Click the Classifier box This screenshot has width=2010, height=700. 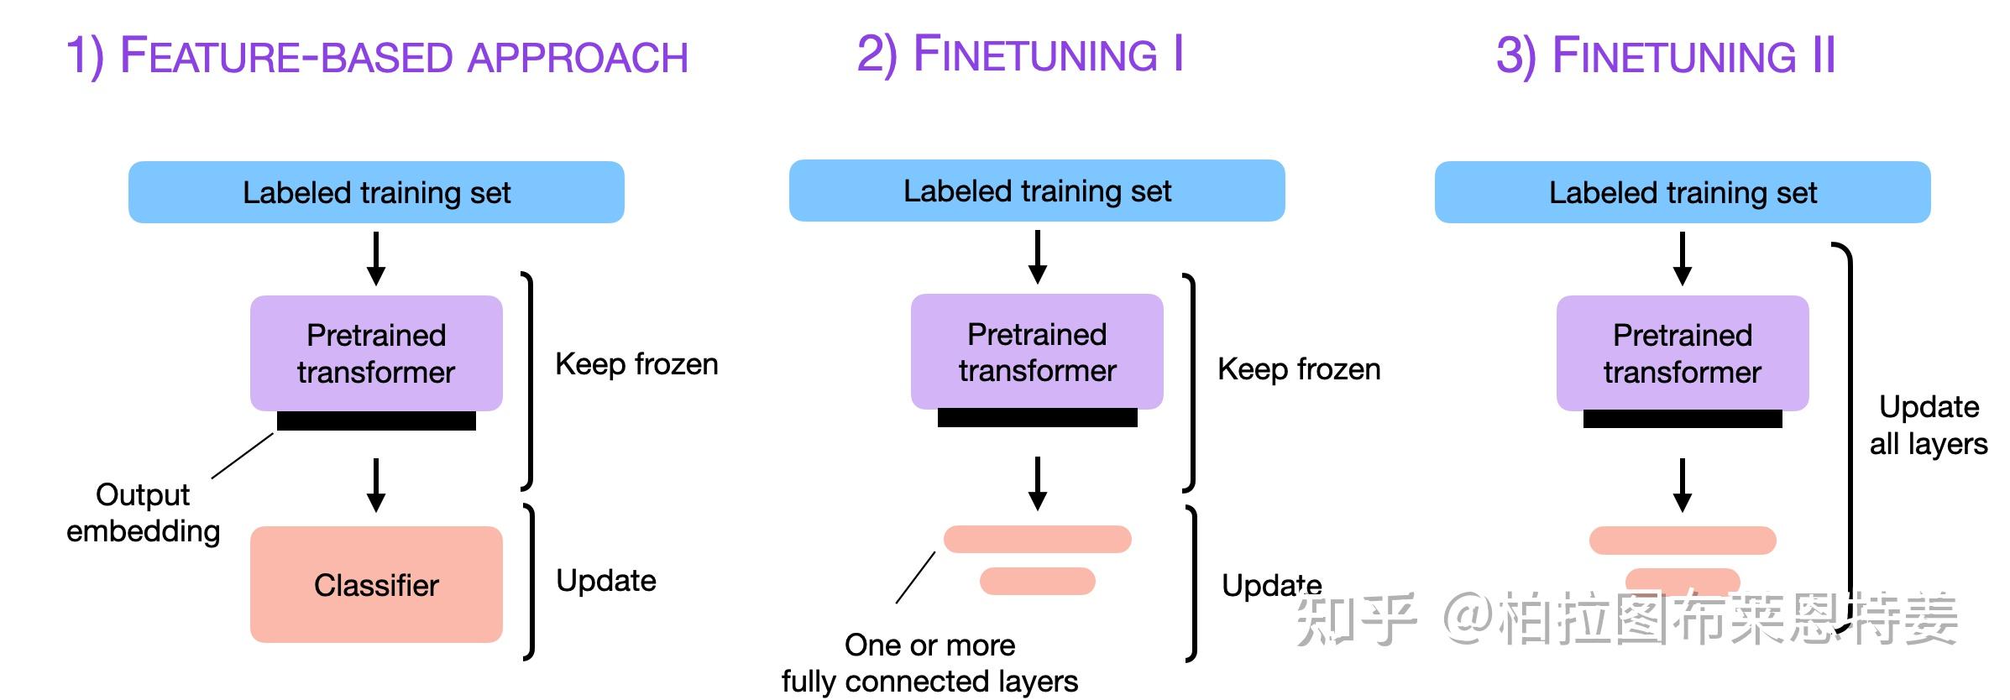tap(376, 584)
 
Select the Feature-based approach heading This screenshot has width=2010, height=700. tap(377, 56)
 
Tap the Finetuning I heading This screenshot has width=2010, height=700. tap(1020, 55)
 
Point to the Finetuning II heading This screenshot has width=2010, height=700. tap(1666, 56)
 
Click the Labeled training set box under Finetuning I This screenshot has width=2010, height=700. tap(1037, 191)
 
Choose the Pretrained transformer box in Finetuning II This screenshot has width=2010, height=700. tap(1682, 353)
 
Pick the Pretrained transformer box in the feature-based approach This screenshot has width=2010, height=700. tap(376, 353)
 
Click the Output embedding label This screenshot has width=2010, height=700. tap(144, 512)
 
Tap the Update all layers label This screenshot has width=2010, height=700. tap(1929, 425)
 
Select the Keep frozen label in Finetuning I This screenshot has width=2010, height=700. tap(1299, 369)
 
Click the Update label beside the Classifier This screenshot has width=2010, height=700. tap(606, 581)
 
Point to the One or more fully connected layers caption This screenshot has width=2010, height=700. tap(929, 663)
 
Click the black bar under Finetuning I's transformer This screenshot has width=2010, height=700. tap(1037, 418)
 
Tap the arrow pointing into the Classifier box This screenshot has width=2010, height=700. tap(376, 485)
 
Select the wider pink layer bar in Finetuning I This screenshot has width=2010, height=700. tap(1037, 539)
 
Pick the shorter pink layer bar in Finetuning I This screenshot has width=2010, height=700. tap(1037, 581)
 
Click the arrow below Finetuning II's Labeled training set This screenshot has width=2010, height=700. tap(1682, 259)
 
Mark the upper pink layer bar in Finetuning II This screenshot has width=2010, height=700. tap(1682, 541)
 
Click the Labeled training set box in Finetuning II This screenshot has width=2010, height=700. tap(1682, 192)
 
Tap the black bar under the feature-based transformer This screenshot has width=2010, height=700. tap(376, 421)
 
